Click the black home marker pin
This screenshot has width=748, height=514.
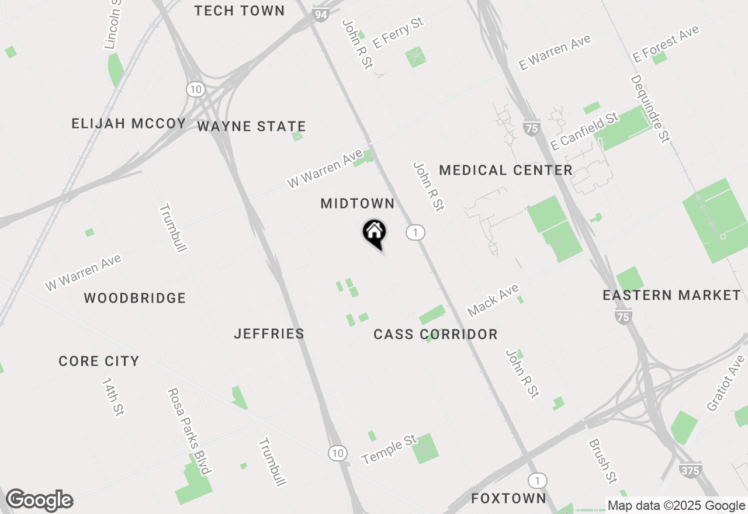click(x=374, y=234)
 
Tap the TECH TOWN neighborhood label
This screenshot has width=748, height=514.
click(x=240, y=11)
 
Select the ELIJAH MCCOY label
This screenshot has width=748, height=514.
click(x=129, y=123)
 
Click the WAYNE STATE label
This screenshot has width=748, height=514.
click(x=251, y=126)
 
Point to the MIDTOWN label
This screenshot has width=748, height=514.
click(x=358, y=203)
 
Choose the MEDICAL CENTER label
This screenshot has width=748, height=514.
click(x=505, y=170)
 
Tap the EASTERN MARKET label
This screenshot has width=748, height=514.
click(x=671, y=295)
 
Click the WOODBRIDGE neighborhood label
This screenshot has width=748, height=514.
click(x=135, y=298)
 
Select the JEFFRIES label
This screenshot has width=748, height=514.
click(x=269, y=334)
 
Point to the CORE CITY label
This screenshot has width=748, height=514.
click(x=99, y=361)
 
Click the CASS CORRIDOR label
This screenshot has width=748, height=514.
click(x=435, y=334)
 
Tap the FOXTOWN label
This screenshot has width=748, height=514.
click(x=508, y=498)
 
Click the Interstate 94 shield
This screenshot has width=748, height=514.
click(x=320, y=15)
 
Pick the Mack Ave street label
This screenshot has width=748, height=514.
click(x=493, y=300)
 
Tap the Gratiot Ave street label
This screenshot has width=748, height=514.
click(x=726, y=383)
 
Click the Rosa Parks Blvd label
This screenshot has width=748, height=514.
click(x=188, y=431)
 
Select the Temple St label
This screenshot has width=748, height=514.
click(x=390, y=449)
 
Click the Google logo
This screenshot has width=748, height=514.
click(x=40, y=501)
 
